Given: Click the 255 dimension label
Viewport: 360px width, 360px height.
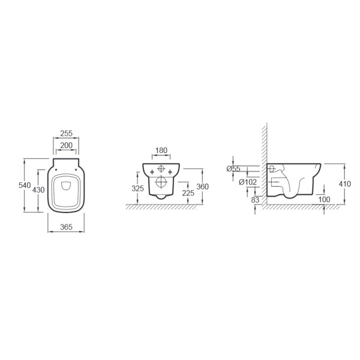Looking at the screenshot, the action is (66, 133).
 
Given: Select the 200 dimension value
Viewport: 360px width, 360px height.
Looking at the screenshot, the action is (66, 145).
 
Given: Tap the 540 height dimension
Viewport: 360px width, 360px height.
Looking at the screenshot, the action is (25, 185).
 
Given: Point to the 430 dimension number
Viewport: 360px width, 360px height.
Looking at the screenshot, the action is (38, 190).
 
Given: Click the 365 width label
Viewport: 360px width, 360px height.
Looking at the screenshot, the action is (66, 227).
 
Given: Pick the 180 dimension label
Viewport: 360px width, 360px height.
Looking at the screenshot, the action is (161, 151).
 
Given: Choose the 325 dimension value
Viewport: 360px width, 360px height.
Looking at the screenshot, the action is (138, 188).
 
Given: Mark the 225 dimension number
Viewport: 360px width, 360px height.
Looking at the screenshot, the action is (188, 193).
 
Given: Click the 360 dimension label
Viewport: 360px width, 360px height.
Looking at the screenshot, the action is (203, 187).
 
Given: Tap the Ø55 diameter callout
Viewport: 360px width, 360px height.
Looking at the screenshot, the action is (233, 169).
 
